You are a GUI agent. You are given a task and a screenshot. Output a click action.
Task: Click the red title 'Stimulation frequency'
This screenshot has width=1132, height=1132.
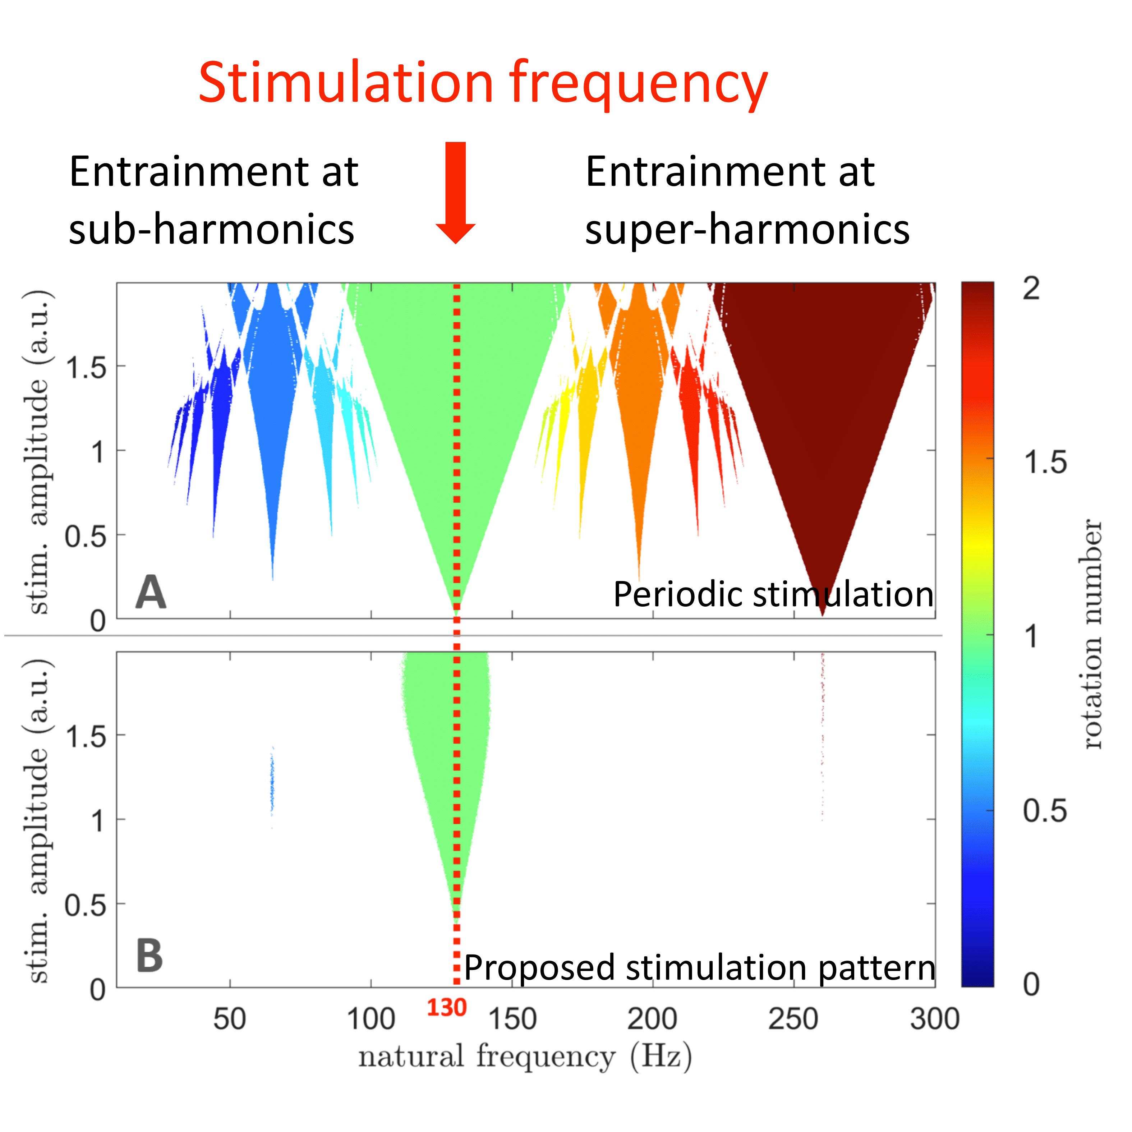483,84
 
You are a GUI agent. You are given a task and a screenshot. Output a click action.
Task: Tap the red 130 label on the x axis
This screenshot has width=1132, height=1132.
446,1008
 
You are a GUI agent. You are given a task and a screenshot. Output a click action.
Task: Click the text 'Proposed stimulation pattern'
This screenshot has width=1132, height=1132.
700,967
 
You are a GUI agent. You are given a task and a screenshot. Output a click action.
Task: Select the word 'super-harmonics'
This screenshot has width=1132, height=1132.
747,229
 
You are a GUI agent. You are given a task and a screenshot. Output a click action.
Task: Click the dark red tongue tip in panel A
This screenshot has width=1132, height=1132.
823,609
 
